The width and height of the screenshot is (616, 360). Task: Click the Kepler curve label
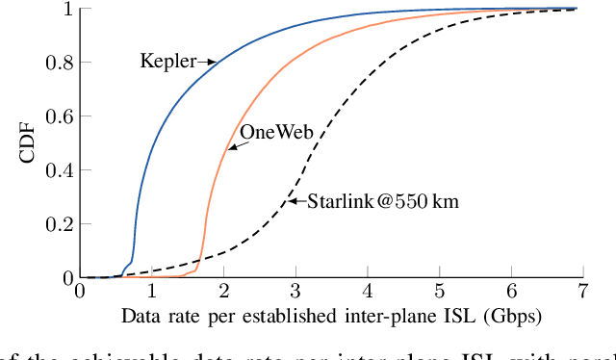[x=167, y=62]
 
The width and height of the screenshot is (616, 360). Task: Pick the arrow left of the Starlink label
[x=297, y=201]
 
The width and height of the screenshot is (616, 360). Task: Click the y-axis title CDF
[x=30, y=142]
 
